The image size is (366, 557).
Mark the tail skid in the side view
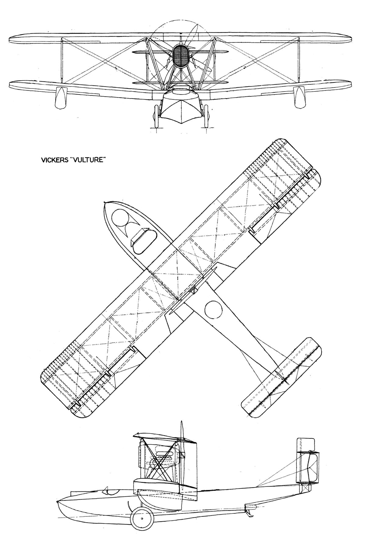pos(249,512)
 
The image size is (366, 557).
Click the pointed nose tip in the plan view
pos(106,202)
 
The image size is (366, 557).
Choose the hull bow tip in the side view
pos(57,502)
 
